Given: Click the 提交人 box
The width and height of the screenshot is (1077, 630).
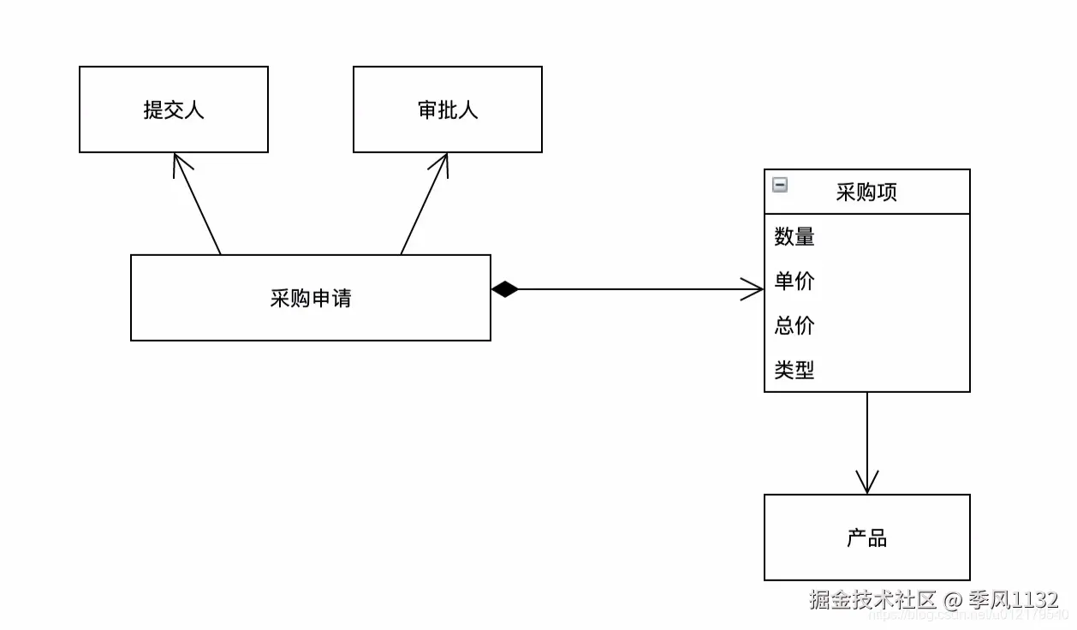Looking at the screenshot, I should click(174, 110).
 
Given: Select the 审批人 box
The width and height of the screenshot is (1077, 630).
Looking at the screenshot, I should click(447, 110).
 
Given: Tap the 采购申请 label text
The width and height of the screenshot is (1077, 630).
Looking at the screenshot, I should click(310, 298).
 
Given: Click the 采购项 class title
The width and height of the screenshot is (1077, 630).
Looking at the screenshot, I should click(866, 192).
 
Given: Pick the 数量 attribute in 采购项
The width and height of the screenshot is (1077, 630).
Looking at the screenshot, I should click(794, 237).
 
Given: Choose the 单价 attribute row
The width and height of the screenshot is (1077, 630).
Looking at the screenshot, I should click(794, 282).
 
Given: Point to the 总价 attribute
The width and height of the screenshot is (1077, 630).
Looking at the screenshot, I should click(794, 326).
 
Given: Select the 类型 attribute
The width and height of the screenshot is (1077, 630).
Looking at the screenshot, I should click(794, 371).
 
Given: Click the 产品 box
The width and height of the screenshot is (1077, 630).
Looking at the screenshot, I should click(866, 538).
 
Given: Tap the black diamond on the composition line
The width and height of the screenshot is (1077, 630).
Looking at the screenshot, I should click(505, 289).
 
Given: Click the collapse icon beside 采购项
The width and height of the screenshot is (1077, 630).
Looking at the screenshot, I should click(780, 185).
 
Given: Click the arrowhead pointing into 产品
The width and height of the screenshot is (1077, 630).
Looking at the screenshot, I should click(867, 484).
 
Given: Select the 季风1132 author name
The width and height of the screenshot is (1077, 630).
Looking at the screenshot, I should click(1014, 600).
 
